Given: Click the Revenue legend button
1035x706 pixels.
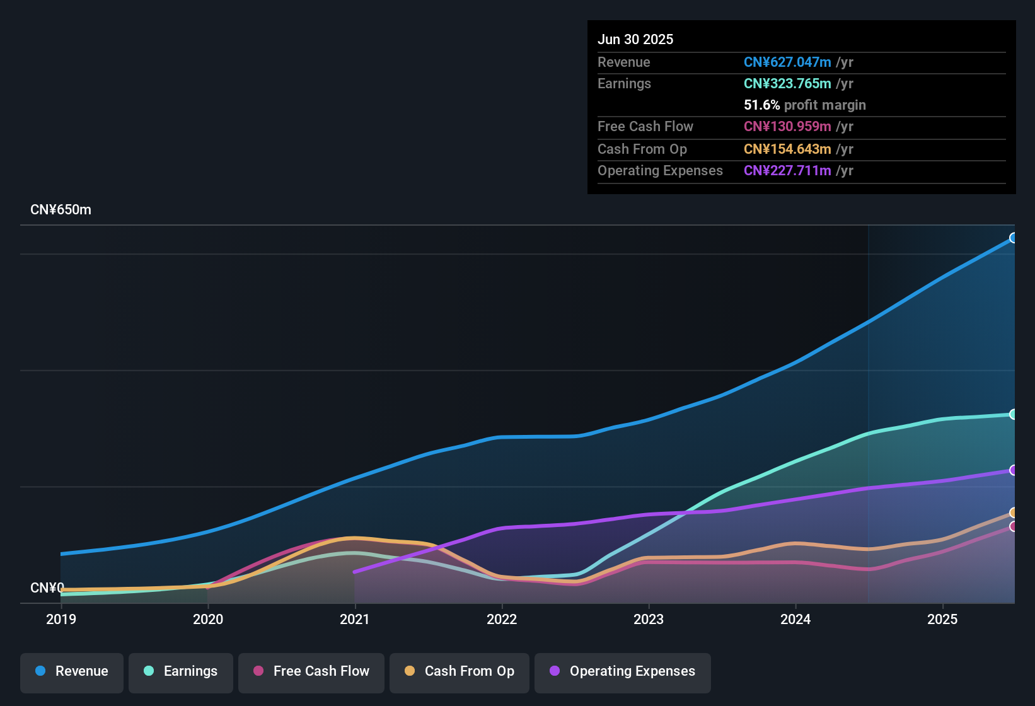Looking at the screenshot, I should (72, 671).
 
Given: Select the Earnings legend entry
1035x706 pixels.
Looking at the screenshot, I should (181, 671).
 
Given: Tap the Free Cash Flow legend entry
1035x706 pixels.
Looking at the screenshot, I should (311, 671).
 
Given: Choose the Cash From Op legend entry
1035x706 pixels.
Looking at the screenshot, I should (460, 671).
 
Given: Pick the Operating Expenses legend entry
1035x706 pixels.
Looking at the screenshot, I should (623, 671).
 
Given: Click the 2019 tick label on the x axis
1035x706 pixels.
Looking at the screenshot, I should (61, 619).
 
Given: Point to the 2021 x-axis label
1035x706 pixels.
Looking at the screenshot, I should (355, 619).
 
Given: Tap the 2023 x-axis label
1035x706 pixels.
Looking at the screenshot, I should (649, 619).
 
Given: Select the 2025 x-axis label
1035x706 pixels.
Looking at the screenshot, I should (942, 619).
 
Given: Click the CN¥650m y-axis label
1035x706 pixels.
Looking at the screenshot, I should (61, 210).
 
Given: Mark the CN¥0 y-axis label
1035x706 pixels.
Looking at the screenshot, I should (47, 587).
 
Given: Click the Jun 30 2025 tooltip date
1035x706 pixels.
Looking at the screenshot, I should (635, 39).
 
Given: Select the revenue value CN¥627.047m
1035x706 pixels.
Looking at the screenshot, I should (787, 62).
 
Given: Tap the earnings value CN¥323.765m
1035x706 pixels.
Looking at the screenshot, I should (787, 83).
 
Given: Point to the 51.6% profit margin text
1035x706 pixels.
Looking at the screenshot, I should (804, 105).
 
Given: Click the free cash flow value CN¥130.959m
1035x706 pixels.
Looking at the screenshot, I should (787, 126).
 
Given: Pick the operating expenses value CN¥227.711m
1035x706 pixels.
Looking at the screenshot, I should (787, 170).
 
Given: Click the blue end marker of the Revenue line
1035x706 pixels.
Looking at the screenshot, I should (1014, 238).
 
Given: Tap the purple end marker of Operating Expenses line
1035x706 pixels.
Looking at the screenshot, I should (1014, 470).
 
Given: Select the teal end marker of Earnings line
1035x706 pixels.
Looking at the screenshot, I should (1014, 414).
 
